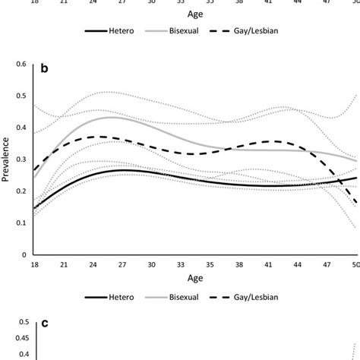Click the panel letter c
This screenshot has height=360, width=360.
click(44, 324)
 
